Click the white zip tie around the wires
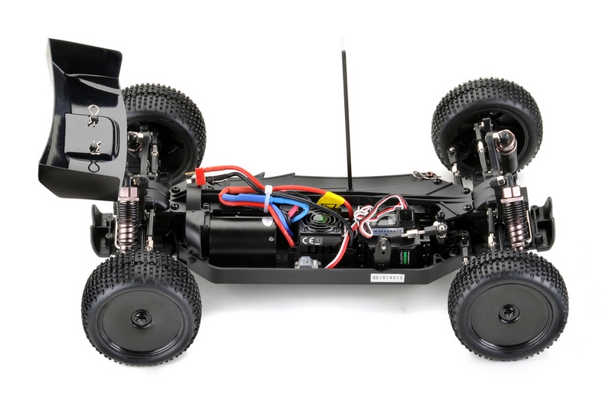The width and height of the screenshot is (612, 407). click(268, 200)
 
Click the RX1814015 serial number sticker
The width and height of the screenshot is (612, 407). click(387, 278)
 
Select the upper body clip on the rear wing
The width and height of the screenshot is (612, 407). click(94, 111)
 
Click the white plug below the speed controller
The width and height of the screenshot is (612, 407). click(308, 264)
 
